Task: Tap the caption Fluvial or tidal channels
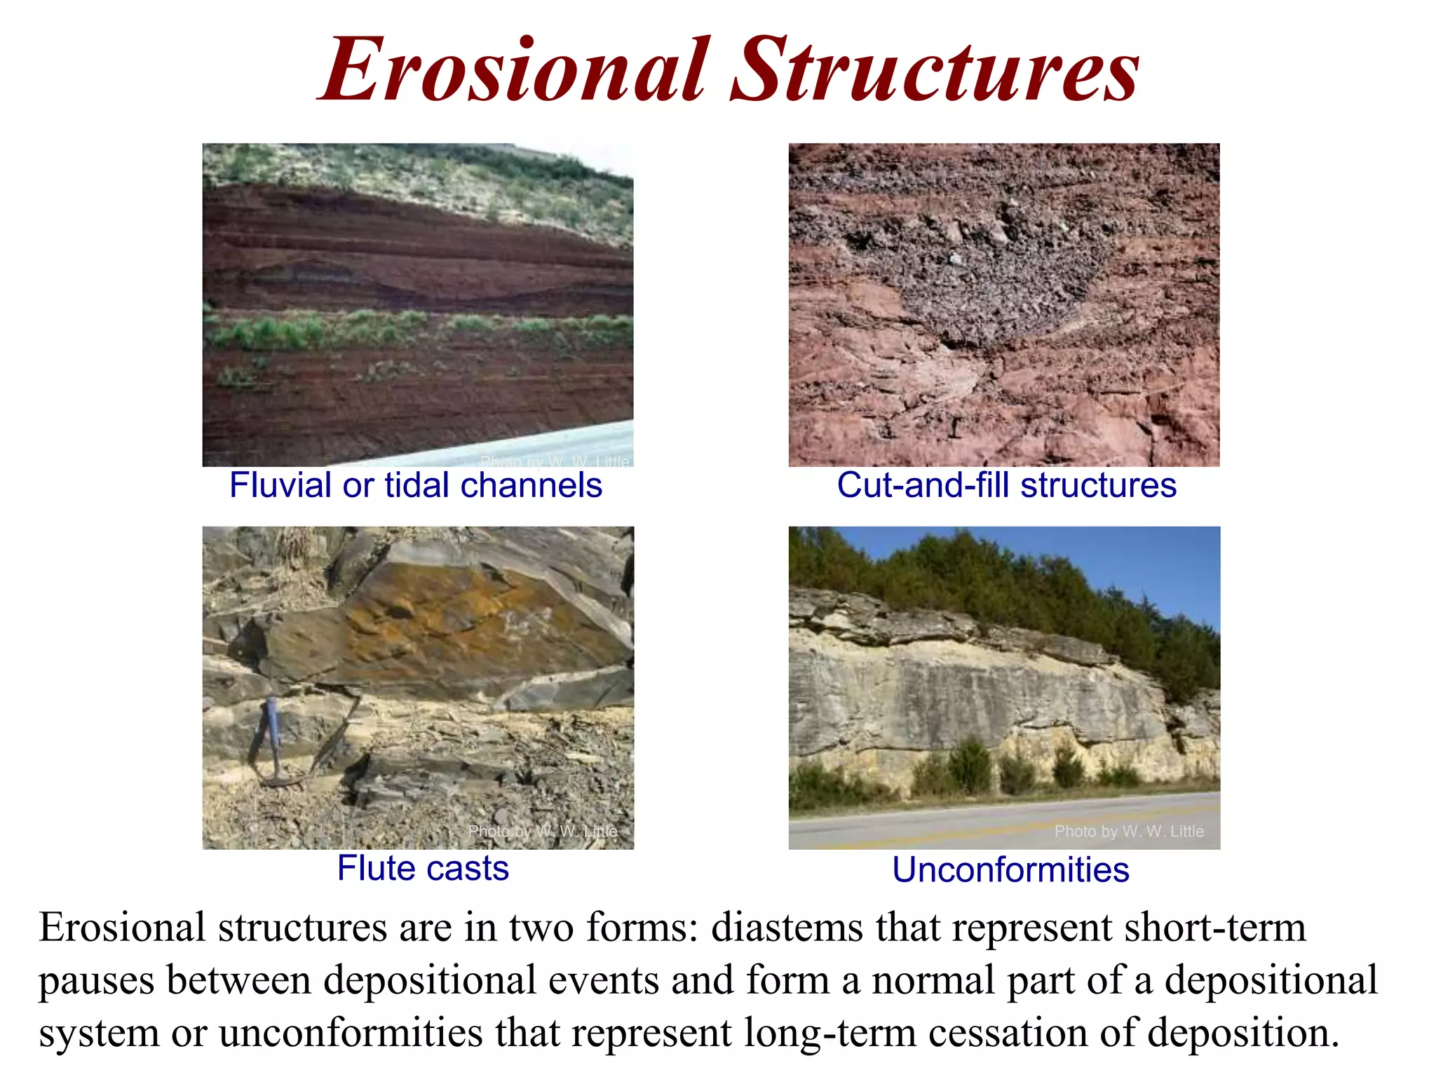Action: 416,485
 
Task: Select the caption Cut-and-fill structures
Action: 1006,485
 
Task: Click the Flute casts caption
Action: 423,868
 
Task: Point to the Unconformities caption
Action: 1010,870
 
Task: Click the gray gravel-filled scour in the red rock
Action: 996,280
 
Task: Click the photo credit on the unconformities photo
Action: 1128,832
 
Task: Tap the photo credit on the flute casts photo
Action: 542,832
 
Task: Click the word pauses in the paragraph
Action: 96,981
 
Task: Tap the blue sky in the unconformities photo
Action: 1122,554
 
